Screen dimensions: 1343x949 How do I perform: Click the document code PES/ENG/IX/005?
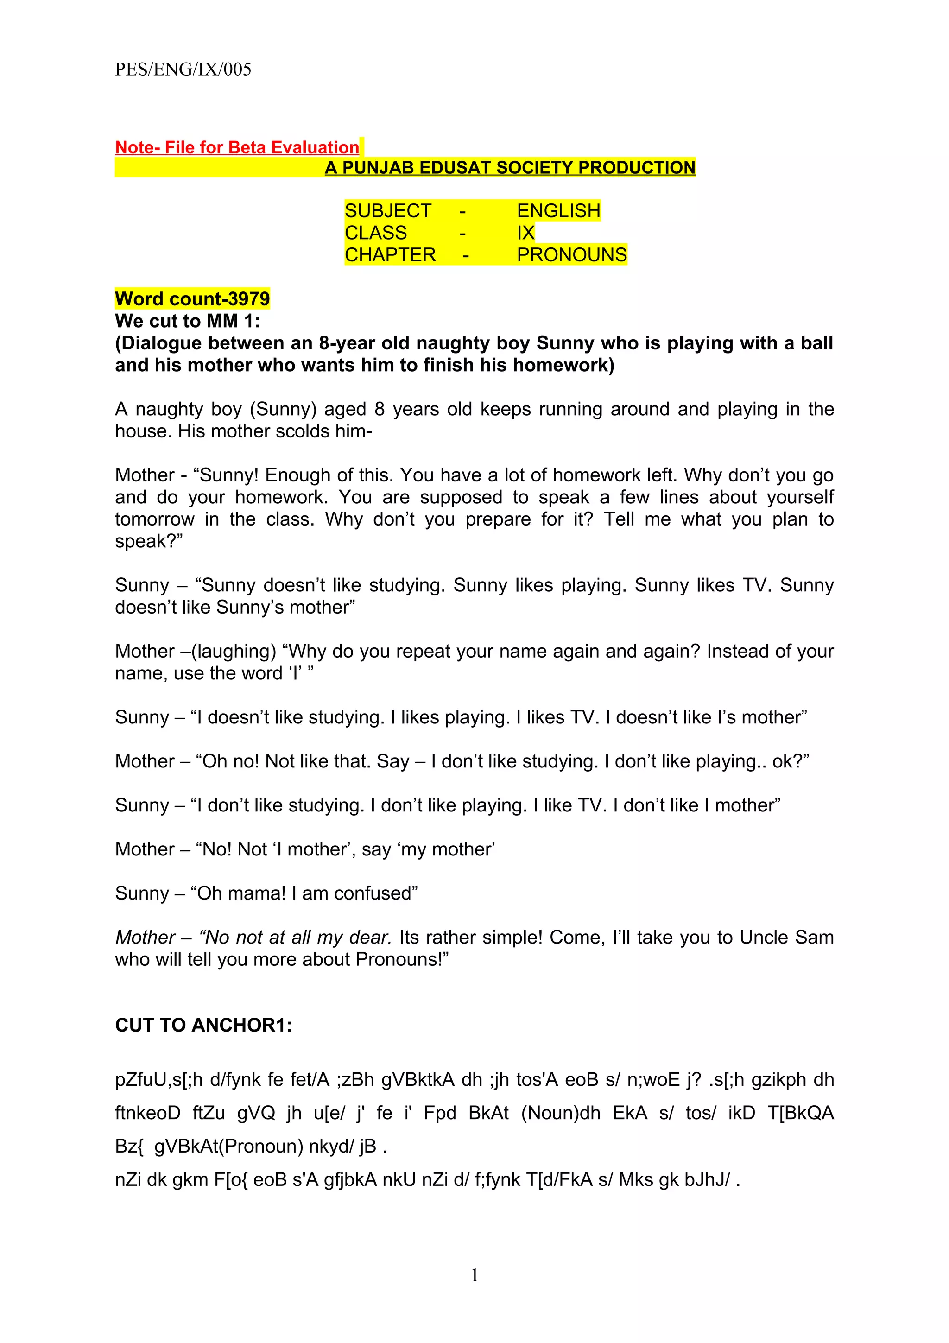[x=183, y=69]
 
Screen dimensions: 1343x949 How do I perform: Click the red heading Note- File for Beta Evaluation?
[x=237, y=147]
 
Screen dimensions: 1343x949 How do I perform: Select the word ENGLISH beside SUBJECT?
[x=558, y=210]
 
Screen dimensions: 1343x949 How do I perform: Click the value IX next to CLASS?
[x=525, y=233]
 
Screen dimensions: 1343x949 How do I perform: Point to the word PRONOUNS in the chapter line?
[x=571, y=255]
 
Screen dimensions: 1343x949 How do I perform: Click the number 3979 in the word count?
[x=248, y=299]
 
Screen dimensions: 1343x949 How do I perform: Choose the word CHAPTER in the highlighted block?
[x=390, y=255]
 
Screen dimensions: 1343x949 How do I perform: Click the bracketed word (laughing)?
[x=233, y=651]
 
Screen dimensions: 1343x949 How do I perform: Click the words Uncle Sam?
[x=786, y=937]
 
